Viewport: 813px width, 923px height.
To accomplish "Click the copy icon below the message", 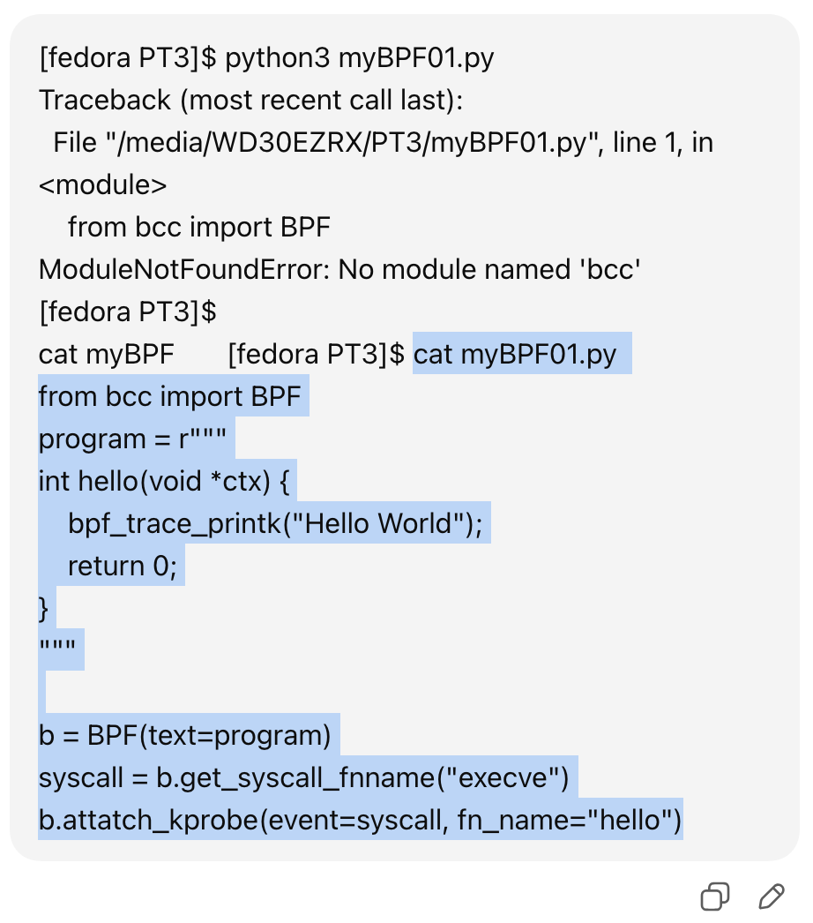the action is coord(714,897).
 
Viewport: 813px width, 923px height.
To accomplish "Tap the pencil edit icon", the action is coord(772,897).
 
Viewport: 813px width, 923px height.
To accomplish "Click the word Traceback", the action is coord(105,101).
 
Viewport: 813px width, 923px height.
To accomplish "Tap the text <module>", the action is coord(102,185).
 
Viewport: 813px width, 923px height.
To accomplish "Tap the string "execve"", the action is coord(507,778).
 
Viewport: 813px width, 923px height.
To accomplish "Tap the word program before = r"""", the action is coord(91,439).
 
